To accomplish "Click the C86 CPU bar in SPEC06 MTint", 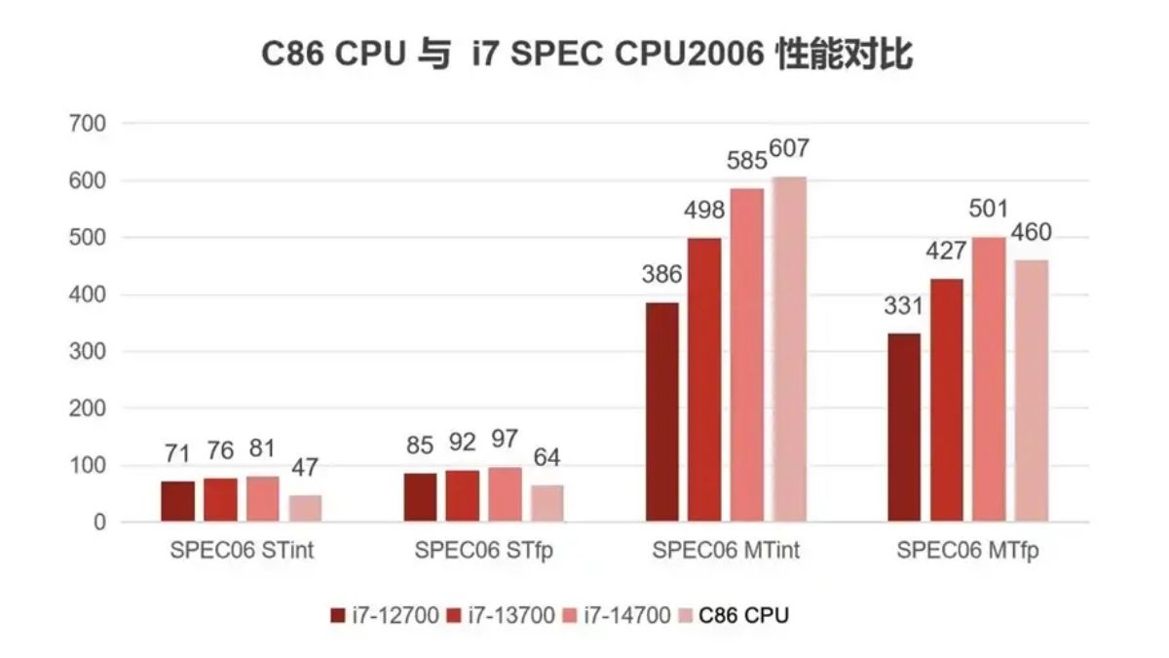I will pyautogui.click(x=789, y=350).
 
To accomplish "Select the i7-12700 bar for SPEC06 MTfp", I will pyautogui.click(x=903, y=428).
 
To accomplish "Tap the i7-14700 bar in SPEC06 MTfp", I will pyautogui.click(x=989, y=379).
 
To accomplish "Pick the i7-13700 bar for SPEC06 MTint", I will pyautogui.click(x=703, y=380).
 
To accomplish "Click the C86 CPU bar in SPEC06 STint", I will pyautogui.click(x=305, y=509).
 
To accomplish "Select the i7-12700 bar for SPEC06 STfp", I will pyautogui.click(x=420, y=498).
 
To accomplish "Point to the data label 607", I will pyautogui.click(x=789, y=149).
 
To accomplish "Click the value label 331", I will pyautogui.click(x=903, y=306).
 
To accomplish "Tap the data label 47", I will pyautogui.click(x=305, y=468).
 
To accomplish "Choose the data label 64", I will pyautogui.click(x=547, y=458).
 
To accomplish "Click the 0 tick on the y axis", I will pyautogui.click(x=99, y=523).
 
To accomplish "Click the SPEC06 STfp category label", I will pyautogui.click(x=483, y=550).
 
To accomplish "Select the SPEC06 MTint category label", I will pyautogui.click(x=726, y=550).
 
